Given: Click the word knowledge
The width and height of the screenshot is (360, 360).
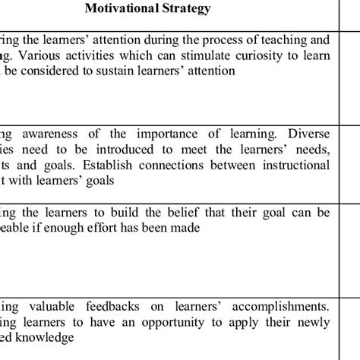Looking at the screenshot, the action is (x=46, y=338).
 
